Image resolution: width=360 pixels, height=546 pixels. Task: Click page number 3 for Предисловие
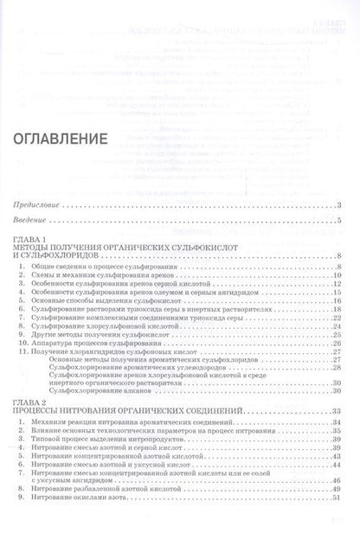pos(341,204)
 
